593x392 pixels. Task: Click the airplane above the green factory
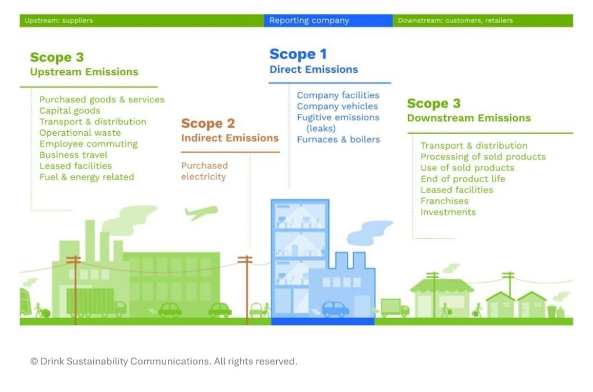point(201,212)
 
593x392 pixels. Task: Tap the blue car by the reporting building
point(335,309)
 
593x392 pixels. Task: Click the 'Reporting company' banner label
point(309,20)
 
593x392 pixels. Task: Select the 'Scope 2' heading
point(208,123)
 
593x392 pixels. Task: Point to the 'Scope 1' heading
point(298,54)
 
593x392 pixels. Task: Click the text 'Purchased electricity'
point(204,171)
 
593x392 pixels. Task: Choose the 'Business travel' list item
point(74,155)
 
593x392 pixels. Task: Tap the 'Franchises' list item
point(444,201)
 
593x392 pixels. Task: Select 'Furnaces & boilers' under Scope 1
point(338,139)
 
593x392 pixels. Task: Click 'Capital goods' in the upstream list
point(70,110)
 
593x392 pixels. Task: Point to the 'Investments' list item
point(448,212)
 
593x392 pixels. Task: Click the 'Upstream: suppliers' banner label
point(58,20)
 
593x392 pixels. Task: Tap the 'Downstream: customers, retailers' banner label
point(455,20)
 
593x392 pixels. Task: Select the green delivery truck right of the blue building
point(394,308)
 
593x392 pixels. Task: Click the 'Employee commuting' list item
point(89,144)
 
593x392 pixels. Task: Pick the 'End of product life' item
point(463,179)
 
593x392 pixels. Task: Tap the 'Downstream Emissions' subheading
point(469,118)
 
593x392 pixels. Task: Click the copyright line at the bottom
point(164,361)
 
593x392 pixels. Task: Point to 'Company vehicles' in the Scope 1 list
point(338,106)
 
